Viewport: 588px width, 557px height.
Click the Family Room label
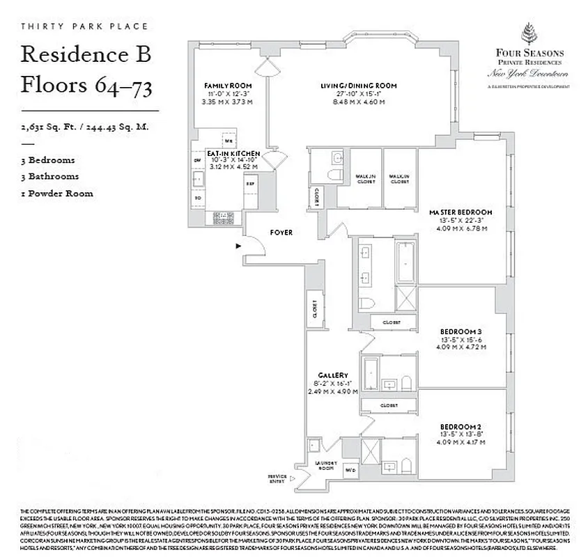(216, 86)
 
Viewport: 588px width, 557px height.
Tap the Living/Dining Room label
(358, 86)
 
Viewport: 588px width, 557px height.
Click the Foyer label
(282, 232)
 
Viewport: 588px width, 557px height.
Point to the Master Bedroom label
(461, 212)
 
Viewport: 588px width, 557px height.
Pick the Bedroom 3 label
(461, 331)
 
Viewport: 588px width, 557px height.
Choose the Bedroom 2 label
(461, 426)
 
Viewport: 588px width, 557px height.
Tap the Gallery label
(332, 375)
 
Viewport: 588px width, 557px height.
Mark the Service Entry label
(277, 478)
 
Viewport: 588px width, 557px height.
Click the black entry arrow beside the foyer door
(238, 246)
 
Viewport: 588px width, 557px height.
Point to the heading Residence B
(86, 54)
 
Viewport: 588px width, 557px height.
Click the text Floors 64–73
(86, 86)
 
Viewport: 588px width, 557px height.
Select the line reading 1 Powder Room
(57, 193)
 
